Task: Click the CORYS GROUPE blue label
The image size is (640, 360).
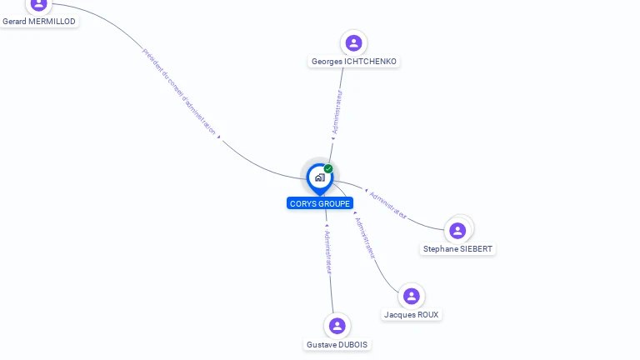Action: coord(320,203)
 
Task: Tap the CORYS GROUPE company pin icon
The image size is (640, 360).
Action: coord(319,177)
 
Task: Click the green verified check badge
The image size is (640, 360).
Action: coord(328,169)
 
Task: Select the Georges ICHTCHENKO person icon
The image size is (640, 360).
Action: coord(354,42)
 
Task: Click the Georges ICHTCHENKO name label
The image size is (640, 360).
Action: coord(354,62)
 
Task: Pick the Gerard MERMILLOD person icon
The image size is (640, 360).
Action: coord(38,4)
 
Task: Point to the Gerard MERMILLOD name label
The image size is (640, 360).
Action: coord(38,22)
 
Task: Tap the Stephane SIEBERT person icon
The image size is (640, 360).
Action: coord(457,231)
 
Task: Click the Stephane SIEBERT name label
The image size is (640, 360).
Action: coord(457,249)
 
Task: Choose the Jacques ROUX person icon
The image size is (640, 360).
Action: coord(411,297)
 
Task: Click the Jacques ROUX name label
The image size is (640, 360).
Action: coord(411,315)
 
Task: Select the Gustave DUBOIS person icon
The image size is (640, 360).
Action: coord(337,326)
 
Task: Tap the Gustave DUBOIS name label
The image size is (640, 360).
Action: coord(337,345)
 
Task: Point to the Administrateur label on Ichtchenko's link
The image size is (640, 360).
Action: coord(337,112)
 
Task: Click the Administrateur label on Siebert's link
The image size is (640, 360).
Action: coord(388,205)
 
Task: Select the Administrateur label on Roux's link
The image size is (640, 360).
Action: coord(365,237)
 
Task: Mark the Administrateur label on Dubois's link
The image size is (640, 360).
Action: coord(327,252)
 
